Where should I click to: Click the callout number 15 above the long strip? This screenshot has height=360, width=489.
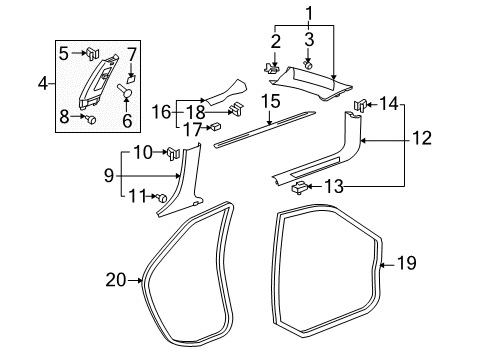click(x=270, y=102)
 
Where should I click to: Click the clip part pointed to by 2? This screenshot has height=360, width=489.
click(x=272, y=69)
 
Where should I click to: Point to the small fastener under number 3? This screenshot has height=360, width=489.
click(x=310, y=65)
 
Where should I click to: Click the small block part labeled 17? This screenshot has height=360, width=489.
click(x=214, y=128)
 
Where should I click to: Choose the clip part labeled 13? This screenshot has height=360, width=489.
click(x=297, y=186)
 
